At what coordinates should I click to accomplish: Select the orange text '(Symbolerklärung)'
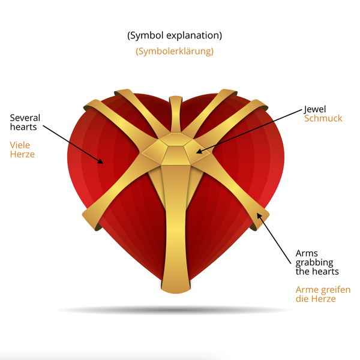[x=175, y=51]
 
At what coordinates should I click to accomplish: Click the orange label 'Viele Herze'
[x=22, y=149]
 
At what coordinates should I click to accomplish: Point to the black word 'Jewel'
[x=315, y=109]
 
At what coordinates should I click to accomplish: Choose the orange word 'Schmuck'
[x=323, y=118]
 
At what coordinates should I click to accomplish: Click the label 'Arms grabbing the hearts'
[x=317, y=262]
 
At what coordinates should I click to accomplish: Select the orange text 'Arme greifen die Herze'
[x=323, y=294]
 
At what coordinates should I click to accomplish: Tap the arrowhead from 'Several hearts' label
[x=101, y=161]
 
